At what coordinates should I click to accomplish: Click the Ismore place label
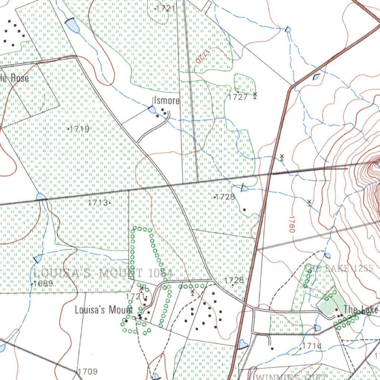click(167, 101)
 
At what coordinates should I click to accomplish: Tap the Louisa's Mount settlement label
click(104, 309)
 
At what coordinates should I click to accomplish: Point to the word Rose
click(20, 78)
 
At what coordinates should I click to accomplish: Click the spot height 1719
click(79, 129)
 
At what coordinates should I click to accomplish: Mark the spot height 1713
click(99, 203)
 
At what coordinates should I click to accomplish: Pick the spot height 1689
click(43, 284)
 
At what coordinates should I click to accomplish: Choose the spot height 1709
click(88, 371)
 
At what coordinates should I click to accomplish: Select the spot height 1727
click(237, 97)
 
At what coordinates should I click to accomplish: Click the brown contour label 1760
click(291, 224)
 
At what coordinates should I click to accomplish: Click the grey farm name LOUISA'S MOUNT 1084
click(102, 274)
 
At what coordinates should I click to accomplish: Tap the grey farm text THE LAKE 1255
click(338, 268)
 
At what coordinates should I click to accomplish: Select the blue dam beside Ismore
click(152, 109)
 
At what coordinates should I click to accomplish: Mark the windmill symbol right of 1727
click(255, 96)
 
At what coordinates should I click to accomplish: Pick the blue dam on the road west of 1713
click(41, 197)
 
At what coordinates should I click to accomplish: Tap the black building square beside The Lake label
click(337, 310)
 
